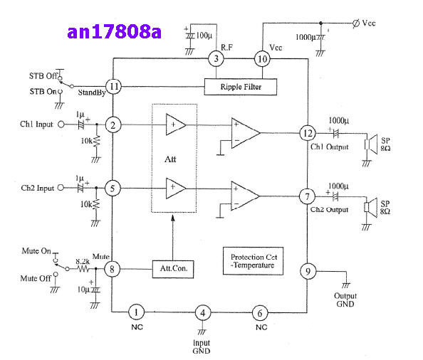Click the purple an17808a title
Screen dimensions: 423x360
[x=114, y=32]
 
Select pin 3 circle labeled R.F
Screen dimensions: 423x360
[x=216, y=58]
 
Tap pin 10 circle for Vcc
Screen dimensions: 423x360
[x=262, y=59]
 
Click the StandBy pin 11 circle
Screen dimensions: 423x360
[x=113, y=87]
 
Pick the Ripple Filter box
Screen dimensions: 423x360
[x=241, y=87]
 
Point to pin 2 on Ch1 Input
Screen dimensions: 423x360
[x=113, y=125]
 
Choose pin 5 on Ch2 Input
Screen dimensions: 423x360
[x=113, y=188]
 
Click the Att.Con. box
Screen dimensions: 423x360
[x=173, y=269]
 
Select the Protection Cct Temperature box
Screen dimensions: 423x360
[x=253, y=261]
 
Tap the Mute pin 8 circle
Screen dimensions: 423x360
[x=112, y=268]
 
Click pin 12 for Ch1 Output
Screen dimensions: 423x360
[x=308, y=133]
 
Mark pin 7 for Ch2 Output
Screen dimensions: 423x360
[x=307, y=196]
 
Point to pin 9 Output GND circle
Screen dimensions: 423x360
[x=308, y=271]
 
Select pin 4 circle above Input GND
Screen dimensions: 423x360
[x=203, y=313]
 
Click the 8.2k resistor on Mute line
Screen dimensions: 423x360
[x=83, y=268]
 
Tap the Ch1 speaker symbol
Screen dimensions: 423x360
[x=371, y=144]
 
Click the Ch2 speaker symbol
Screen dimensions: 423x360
[x=370, y=207]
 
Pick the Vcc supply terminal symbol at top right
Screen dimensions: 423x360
[x=356, y=23]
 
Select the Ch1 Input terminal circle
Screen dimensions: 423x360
[x=61, y=125]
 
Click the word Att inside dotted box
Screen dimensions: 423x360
[x=170, y=159]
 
